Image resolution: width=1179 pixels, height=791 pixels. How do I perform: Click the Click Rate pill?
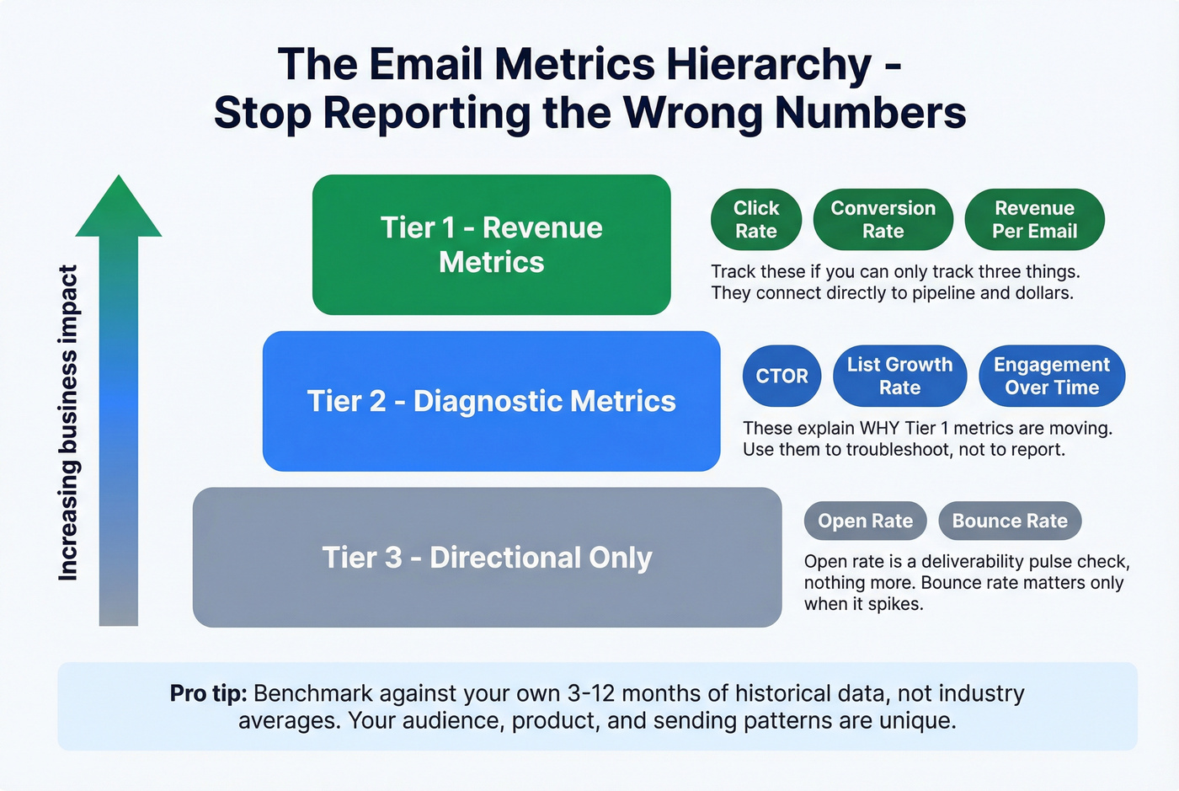755,220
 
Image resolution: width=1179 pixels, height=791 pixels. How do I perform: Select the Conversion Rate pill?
883,220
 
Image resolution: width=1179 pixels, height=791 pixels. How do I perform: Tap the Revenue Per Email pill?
1034,220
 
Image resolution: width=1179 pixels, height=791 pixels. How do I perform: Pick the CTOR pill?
782,376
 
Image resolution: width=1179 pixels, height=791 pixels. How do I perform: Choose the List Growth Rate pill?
899,376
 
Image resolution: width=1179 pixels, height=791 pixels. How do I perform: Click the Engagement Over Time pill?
1052,376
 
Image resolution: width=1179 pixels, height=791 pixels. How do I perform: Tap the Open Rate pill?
865,521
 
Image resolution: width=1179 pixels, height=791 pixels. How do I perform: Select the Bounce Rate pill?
1010,521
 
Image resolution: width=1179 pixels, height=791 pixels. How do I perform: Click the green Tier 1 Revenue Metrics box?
491,244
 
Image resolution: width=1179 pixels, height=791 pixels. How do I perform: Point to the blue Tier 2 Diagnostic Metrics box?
491,401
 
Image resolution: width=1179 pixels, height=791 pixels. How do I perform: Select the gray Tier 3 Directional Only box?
487,558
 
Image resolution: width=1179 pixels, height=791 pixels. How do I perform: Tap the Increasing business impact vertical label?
68,423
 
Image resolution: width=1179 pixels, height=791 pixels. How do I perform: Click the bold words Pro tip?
208,693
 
